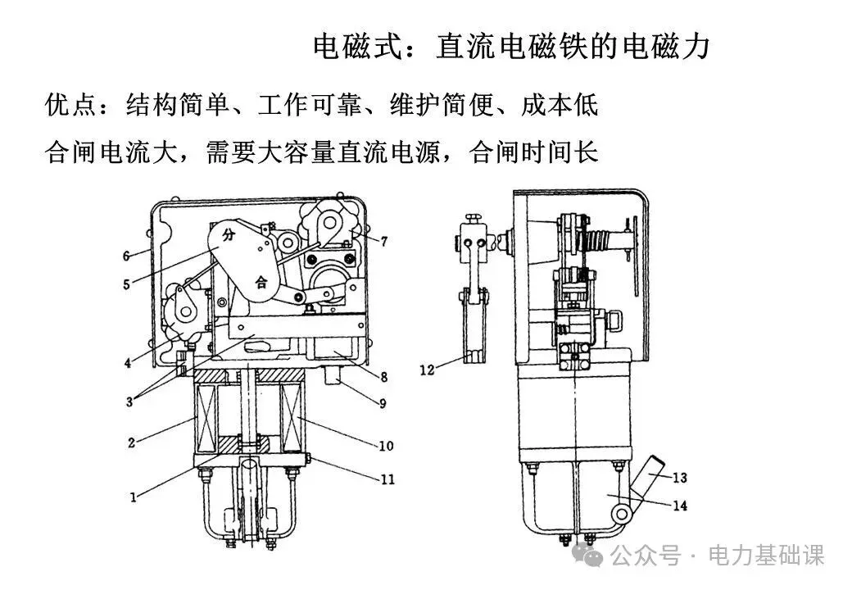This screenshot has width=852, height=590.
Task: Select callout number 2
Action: pyautogui.click(x=131, y=442)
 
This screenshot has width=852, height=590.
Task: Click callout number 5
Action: pyautogui.click(x=127, y=285)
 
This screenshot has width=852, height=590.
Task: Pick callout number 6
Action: pyautogui.click(x=127, y=256)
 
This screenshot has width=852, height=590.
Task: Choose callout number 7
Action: pyautogui.click(x=383, y=241)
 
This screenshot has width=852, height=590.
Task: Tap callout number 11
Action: pyautogui.click(x=387, y=479)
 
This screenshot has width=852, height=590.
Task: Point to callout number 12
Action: pyautogui.click(x=427, y=370)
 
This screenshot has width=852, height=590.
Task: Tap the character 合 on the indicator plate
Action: pyautogui.click(x=261, y=283)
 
